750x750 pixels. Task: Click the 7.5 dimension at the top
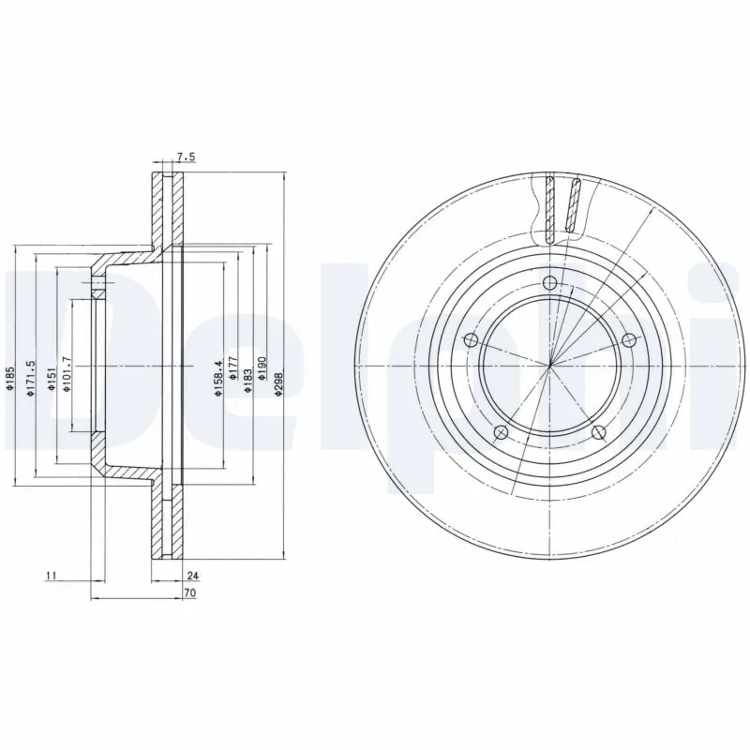(185, 157)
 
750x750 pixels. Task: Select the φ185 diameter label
(10, 380)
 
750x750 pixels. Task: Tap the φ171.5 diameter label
(31, 379)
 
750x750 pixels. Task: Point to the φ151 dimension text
(50, 380)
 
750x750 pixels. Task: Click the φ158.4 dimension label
(218, 379)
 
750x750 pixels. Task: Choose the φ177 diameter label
(233, 380)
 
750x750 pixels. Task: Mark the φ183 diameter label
(247, 380)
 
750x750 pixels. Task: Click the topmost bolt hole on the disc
(550, 284)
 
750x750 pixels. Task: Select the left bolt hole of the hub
(472, 339)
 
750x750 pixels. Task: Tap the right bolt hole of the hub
(627, 341)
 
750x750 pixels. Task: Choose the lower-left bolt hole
(501, 431)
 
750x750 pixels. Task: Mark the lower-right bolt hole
(598, 432)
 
